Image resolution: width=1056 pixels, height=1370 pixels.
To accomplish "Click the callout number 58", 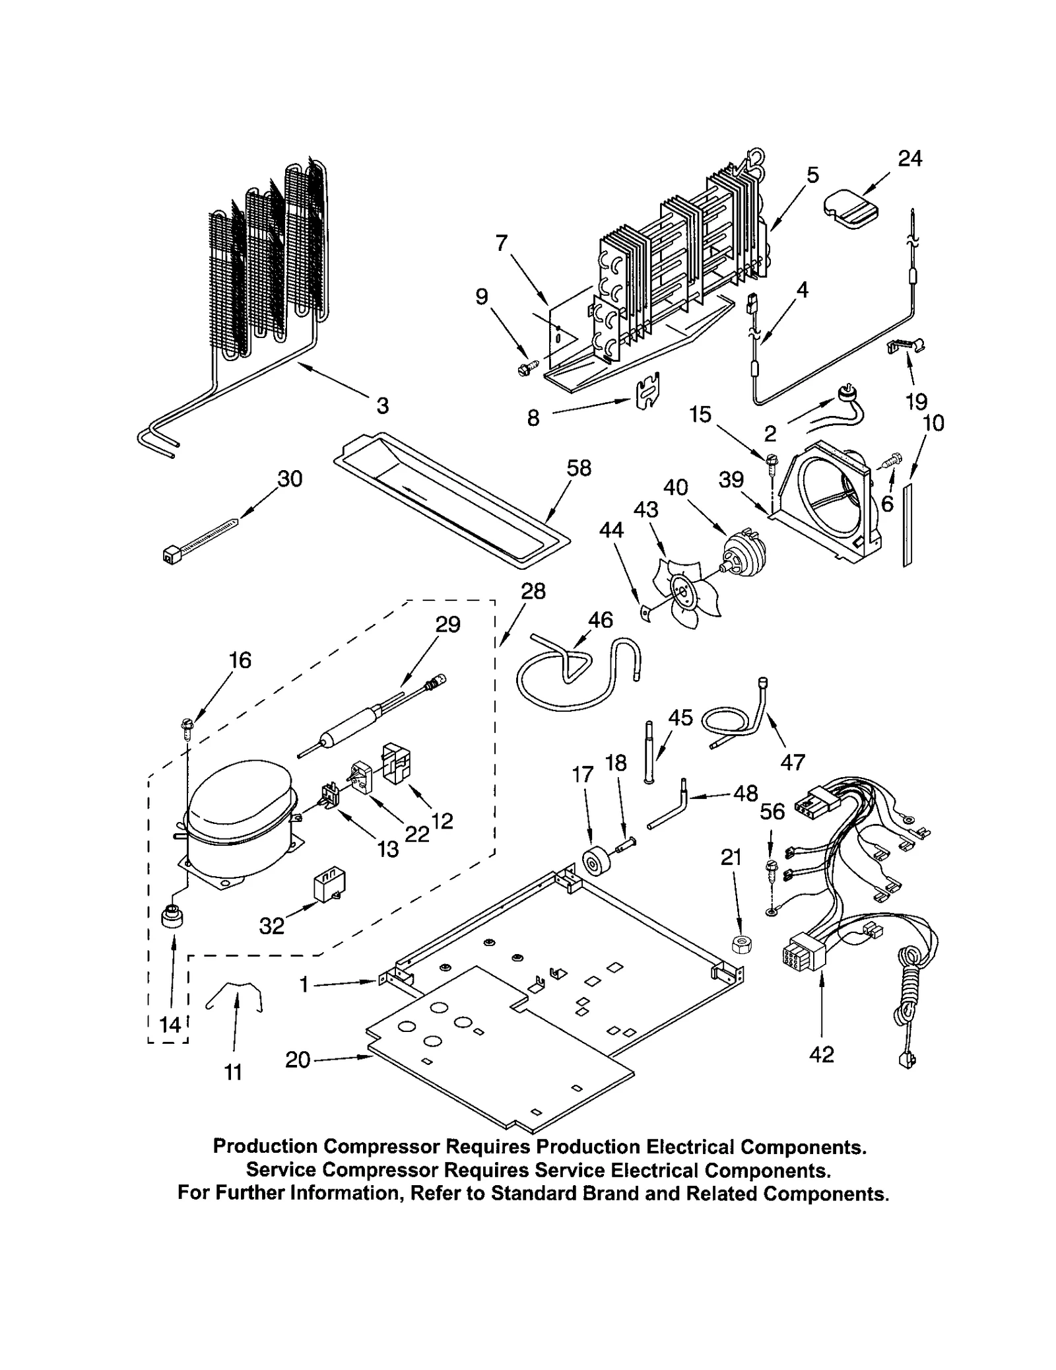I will click(x=579, y=468).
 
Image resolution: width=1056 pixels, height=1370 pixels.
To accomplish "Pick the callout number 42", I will click(x=821, y=1054).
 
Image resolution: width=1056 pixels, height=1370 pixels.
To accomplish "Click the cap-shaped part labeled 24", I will click(x=851, y=208).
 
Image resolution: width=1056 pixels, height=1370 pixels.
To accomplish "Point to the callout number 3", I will click(x=382, y=405).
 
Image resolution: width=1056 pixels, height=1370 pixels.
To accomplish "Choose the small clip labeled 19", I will click(x=906, y=345).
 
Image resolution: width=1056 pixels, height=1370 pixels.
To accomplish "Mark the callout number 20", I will click(x=298, y=1060).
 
